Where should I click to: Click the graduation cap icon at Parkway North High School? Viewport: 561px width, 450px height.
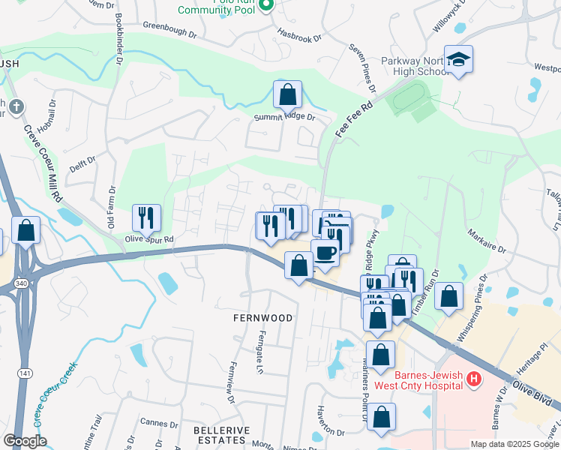click(x=458, y=58)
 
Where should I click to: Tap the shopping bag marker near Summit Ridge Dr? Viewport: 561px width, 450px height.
click(x=287, y=94)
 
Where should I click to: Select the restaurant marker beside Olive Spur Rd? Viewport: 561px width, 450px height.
click(x=147, y=217)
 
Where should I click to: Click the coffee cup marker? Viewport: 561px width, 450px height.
click(x=325, y=253)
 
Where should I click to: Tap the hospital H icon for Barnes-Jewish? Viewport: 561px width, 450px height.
click(x=473, y=379)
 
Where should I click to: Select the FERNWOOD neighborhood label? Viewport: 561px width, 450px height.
click(x=262, y=318)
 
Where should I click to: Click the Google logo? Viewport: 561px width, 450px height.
click(x=24, y=440)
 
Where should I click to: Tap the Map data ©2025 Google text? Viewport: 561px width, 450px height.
click(x=514, y=443)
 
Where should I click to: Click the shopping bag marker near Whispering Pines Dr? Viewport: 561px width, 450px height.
click(x=448, y=295)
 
